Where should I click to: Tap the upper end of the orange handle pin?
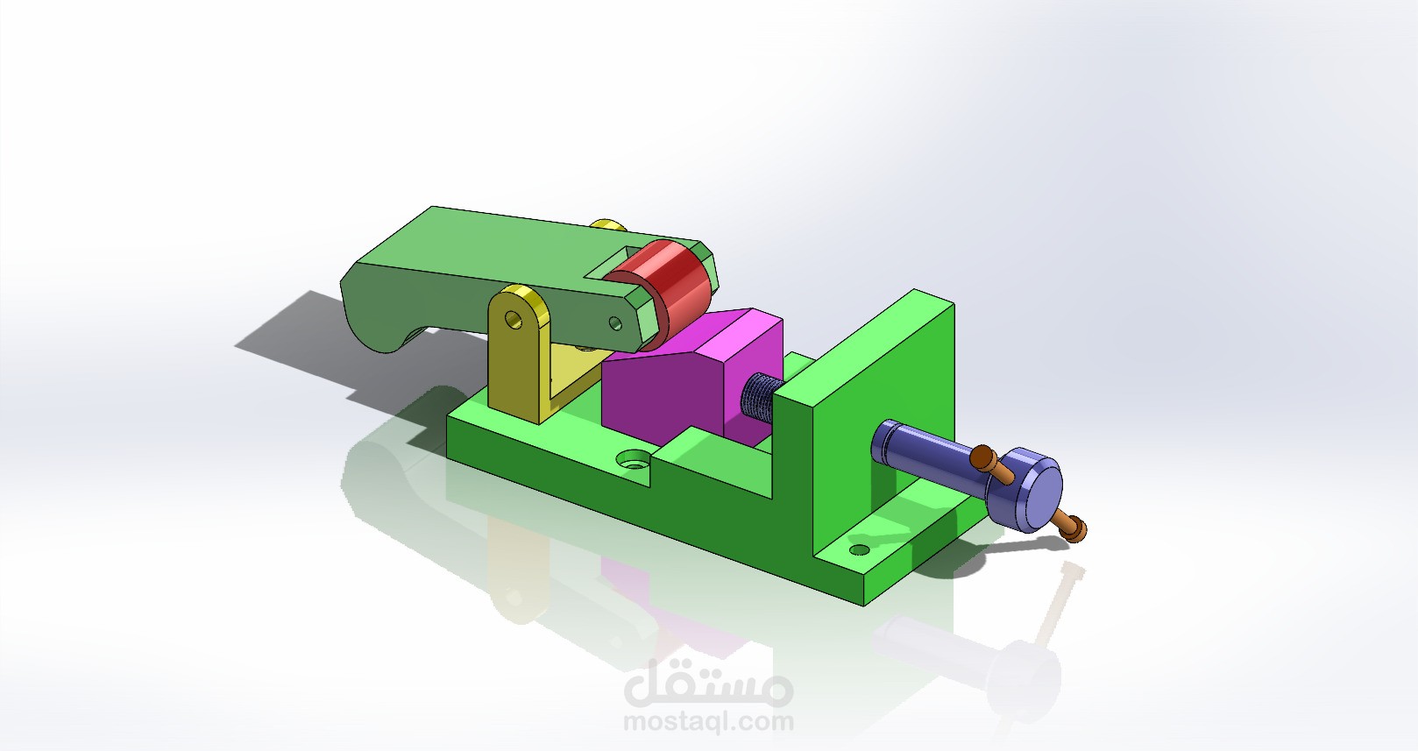coord(983,456)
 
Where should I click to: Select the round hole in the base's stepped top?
coord(632,459)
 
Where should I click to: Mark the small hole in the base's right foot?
coord(861,550)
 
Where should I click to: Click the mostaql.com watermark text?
coord(708,723)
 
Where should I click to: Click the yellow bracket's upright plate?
coord(513,359)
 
